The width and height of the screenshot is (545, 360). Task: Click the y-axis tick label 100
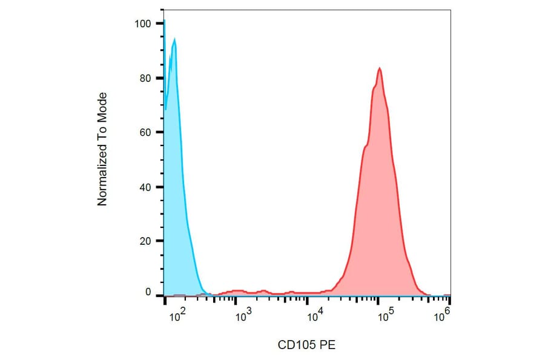point(142,24)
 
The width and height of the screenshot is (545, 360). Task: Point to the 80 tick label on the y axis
point(144,78)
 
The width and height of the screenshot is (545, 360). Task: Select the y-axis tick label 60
point(144,132)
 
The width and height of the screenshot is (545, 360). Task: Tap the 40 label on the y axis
point(144,187)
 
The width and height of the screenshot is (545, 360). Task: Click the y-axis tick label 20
point(144,241)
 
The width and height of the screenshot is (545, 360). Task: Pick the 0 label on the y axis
point(147,293)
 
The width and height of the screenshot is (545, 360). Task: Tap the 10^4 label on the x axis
point(314,315)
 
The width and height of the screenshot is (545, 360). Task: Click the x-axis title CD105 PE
point(306,345)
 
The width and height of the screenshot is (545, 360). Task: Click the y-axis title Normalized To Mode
point(102,149)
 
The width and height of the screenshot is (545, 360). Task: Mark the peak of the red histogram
point(380,68)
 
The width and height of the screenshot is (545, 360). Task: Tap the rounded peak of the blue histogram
point(174,39)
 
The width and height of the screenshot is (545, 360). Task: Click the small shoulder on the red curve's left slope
point(365,145)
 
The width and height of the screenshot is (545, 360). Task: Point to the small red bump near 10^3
point(237,291)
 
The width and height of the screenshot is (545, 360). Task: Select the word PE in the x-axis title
point(327,345)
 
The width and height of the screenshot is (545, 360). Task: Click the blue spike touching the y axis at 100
point(164,22)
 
